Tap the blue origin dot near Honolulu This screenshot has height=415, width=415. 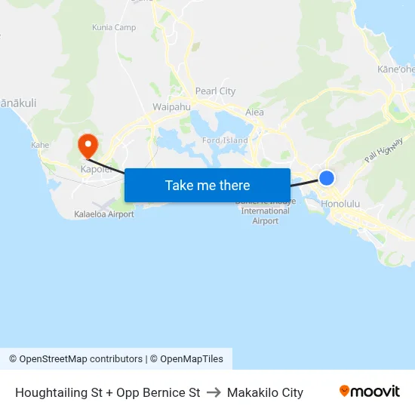(327, 178)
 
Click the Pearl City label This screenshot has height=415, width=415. (215, 91)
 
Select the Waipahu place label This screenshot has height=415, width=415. (171, 107)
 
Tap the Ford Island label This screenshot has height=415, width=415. (224, 140)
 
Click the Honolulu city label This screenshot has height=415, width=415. (341, 204)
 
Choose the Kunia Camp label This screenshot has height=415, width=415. (113, 27)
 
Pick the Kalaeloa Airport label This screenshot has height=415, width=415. (104, 214)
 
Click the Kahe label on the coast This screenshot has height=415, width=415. (40, 145)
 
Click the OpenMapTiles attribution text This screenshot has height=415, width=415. (192, 359)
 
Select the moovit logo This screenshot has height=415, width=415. (369, 392)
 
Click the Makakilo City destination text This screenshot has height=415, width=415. (265, 392)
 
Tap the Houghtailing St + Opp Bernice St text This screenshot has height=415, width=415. (107, 392)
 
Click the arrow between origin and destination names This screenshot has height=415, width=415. (214, 392)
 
